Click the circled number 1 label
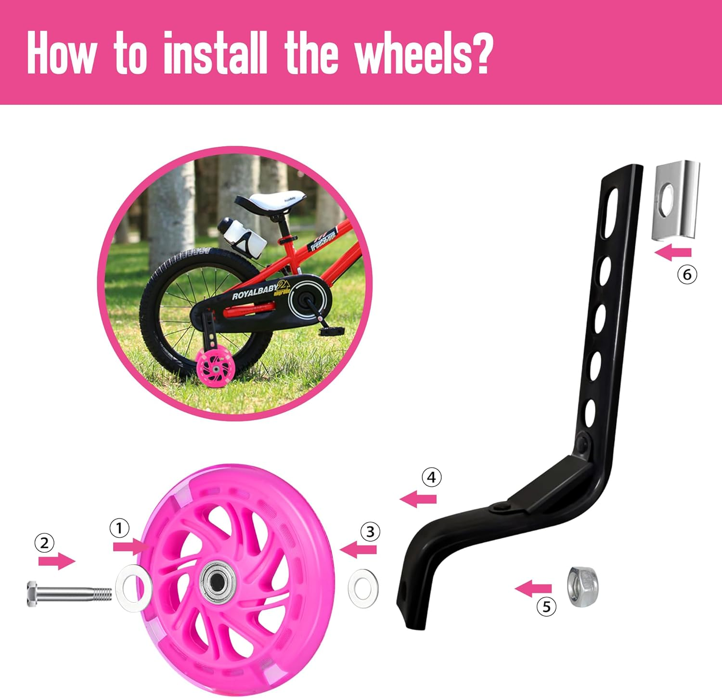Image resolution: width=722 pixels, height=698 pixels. pos(119,528)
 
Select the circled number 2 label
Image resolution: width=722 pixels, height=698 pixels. pos(44,543)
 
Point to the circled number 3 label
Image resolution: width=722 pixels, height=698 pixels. pos(370,532)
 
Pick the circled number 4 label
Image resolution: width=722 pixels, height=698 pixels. pos(431,477)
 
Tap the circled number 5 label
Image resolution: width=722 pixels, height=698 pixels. pos(546,607)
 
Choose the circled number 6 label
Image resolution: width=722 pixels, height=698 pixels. pos(687,274)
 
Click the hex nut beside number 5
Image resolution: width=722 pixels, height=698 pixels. pos(583,586)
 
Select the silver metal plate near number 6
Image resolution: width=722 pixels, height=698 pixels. pos(676,200)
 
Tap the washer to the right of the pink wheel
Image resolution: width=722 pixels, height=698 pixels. pos(363,587)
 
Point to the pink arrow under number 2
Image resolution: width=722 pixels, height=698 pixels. pos(57,561)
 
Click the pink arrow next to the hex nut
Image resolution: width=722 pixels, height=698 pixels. pos(533,588)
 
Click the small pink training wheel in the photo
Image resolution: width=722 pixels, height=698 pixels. pos(213,370)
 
